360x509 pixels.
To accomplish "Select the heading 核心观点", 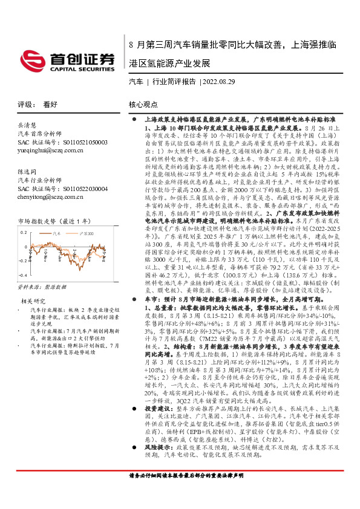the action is (x=143, y=105).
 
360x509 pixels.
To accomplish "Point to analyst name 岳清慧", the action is (x=27, y=124).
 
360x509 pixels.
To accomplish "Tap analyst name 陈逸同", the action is (x=27, y=172).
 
